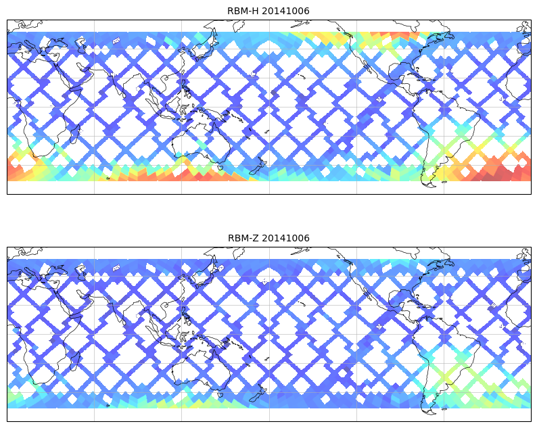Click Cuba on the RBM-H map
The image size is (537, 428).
(409, 75)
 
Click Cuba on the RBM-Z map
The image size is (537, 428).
(409, 302)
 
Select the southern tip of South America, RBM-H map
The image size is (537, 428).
(427, 183)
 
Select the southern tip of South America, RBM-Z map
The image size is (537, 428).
(427, 410)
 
